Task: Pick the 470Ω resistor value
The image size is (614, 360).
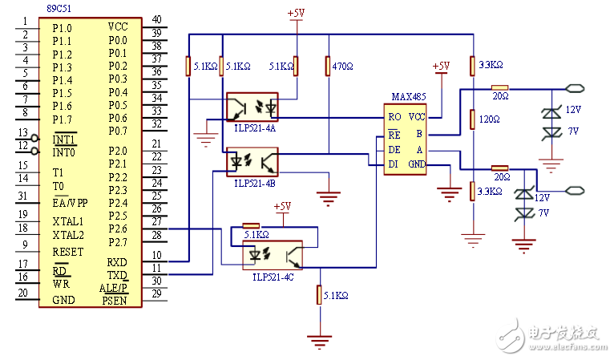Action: click(342, 67)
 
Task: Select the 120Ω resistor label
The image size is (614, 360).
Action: click(489, 119)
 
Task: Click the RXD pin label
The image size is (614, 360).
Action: click(118, 261)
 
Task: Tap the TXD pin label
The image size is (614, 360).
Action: click(118, 274)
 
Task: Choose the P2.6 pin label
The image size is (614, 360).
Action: click(118, 229)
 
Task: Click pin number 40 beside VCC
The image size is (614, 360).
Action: click(156, 19)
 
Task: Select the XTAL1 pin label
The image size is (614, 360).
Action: click(67, 221)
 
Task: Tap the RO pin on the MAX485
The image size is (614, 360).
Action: click(394, 116)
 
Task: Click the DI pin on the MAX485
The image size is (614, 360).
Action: click(393, 164)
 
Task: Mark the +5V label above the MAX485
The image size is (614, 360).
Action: click(440, 67)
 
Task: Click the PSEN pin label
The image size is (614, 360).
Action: click(115, 301)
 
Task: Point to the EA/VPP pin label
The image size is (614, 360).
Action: click(71, 201)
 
